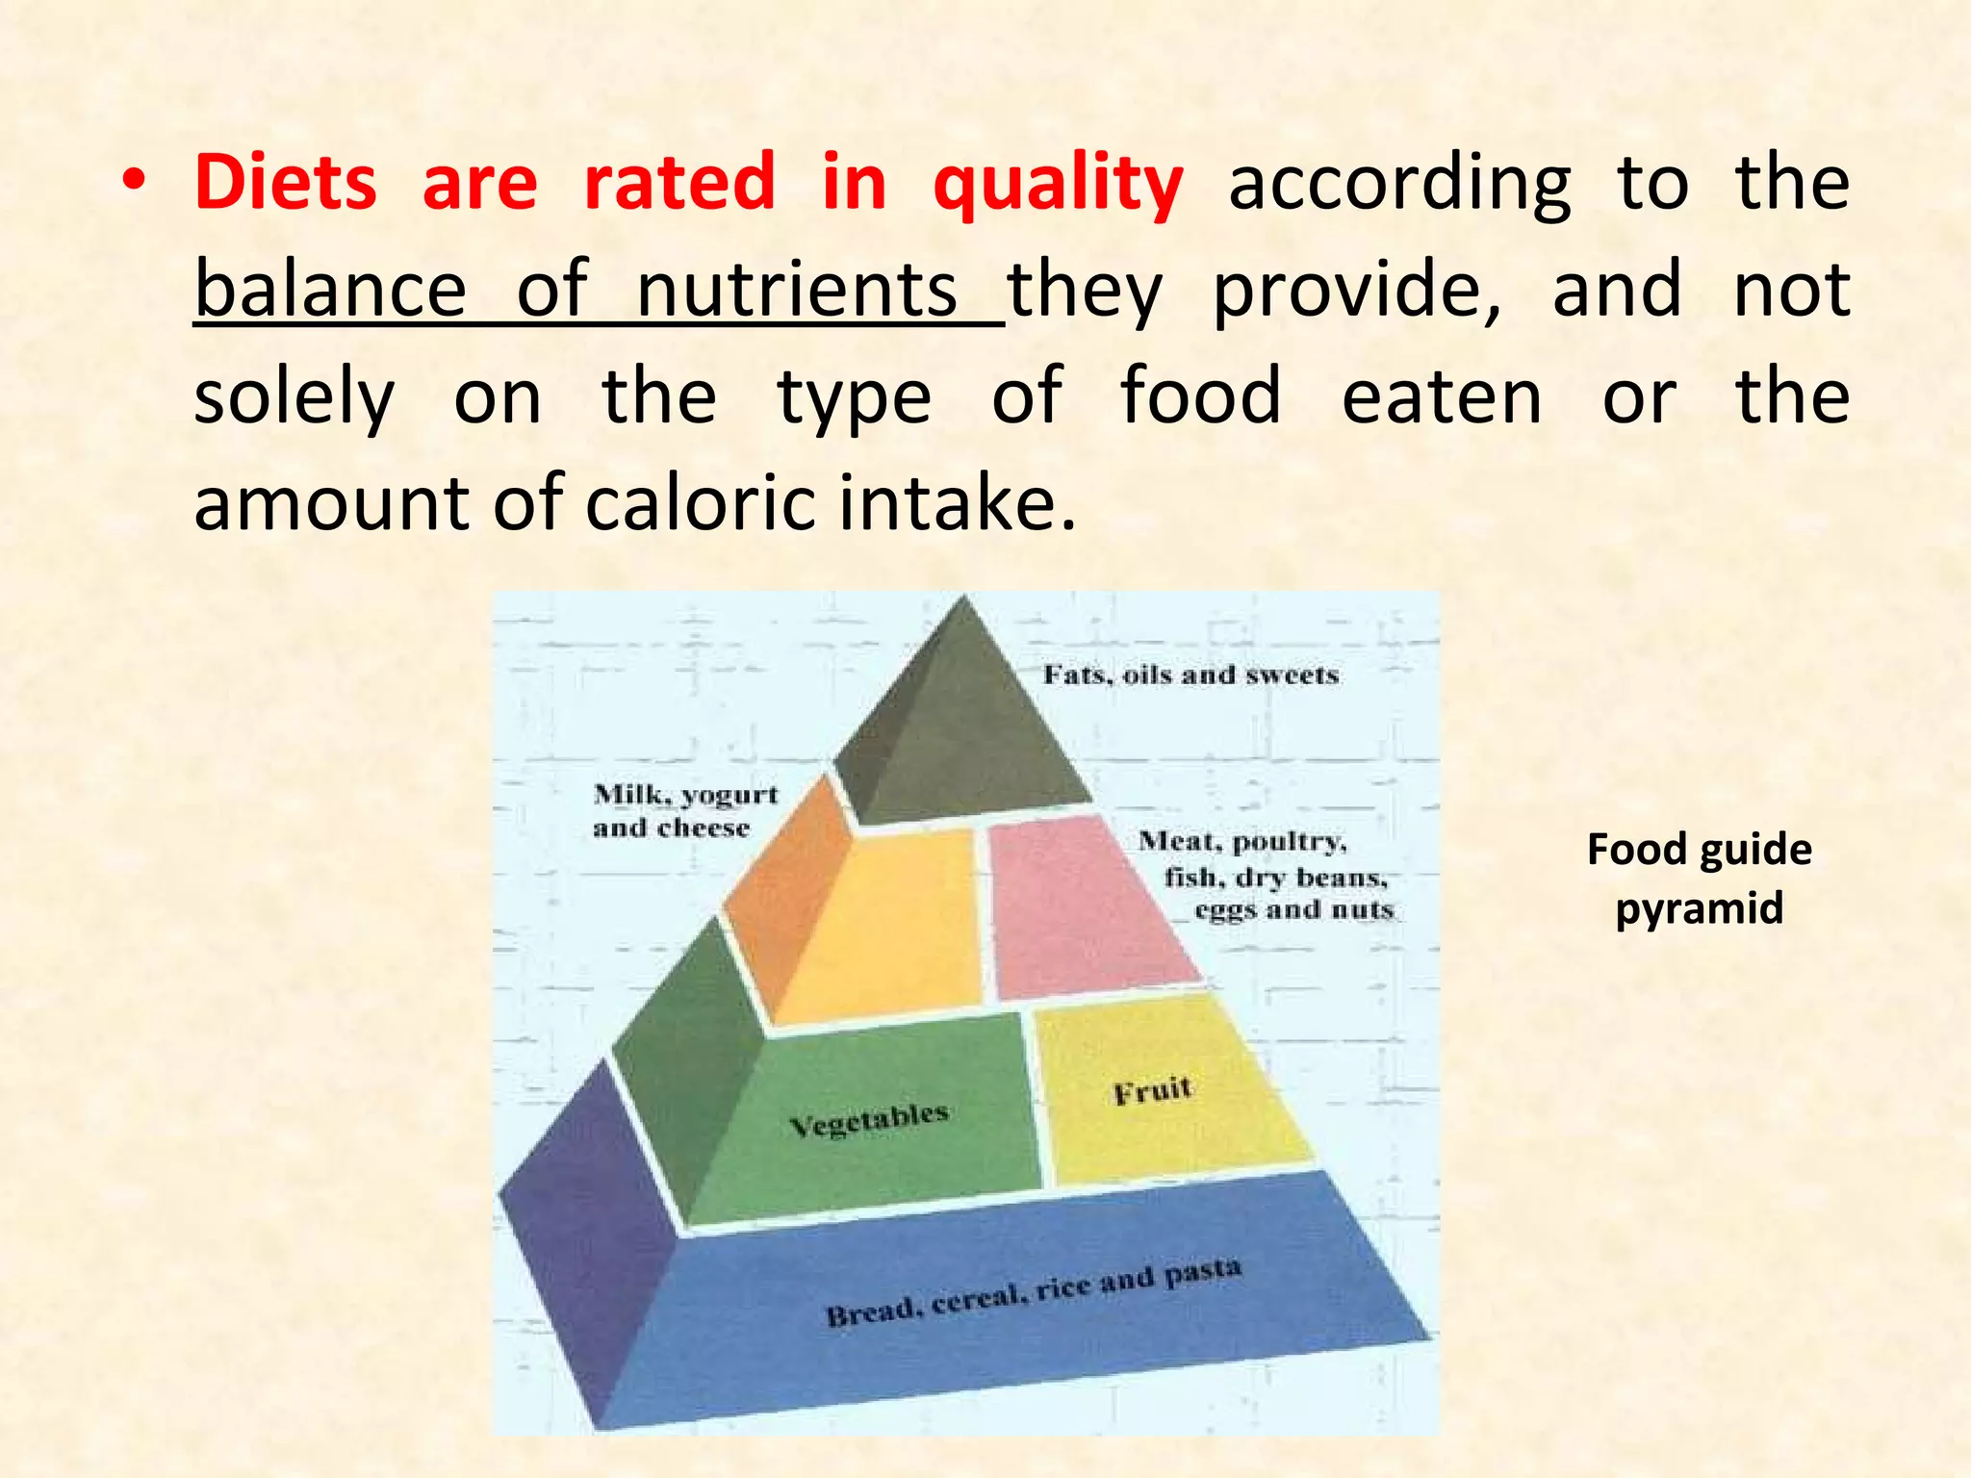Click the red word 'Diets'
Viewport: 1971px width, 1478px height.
pos(286,182)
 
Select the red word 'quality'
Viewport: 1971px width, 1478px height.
pos(1058,184)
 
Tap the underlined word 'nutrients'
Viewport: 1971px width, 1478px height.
pos(797,290)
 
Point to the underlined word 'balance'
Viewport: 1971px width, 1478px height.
pos(330,290)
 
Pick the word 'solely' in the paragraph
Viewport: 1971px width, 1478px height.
pos(294,397)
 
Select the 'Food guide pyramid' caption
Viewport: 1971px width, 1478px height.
pos(1699,879)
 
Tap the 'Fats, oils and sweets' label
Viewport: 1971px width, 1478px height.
pos(1190,675)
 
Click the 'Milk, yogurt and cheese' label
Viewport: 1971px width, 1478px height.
pos(684,811)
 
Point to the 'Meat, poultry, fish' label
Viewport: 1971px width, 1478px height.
pos(1266,876)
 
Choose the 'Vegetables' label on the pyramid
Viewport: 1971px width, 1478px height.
pos(868,1119)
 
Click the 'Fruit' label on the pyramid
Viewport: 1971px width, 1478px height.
pos(1152,1091)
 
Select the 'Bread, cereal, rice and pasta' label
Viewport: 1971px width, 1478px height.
pos(1034,1292)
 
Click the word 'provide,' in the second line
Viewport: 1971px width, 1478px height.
pos(1356,290)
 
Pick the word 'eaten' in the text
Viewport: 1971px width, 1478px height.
pos(1441,397)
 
